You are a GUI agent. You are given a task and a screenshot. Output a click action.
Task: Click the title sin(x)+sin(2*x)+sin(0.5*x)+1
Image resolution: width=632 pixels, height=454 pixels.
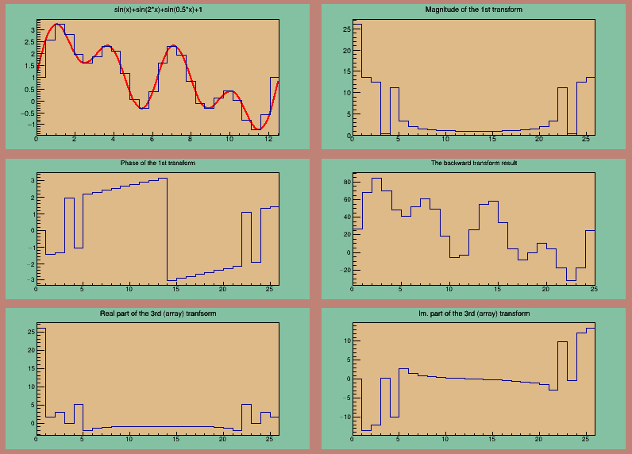157,9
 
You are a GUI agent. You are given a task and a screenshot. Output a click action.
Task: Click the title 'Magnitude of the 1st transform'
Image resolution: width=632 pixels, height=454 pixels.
473,9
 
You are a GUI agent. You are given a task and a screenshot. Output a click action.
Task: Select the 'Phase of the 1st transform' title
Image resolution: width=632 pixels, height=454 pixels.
157,163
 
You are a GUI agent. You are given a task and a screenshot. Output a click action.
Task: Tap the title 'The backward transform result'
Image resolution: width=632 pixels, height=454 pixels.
473,163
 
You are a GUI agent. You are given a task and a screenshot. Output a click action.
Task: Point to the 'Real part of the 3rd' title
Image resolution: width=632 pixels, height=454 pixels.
157,314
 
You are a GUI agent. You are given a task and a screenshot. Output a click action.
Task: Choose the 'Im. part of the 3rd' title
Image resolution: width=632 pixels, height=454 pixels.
473,314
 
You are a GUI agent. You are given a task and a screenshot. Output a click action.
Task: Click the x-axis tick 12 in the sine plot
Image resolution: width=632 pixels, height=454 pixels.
268,139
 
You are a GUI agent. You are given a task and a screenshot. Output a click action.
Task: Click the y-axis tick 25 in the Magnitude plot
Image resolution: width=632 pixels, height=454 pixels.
346,29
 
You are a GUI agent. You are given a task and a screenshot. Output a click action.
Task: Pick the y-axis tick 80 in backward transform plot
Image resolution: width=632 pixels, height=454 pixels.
346,182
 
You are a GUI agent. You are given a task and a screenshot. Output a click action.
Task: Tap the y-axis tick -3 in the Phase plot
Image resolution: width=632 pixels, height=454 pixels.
31,280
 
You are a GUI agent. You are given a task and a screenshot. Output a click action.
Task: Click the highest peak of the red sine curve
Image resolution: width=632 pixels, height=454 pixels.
59,25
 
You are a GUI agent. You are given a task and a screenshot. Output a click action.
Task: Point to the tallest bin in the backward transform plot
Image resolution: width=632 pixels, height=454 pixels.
376,179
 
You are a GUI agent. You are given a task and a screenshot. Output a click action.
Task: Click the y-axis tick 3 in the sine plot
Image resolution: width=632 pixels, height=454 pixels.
31,30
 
